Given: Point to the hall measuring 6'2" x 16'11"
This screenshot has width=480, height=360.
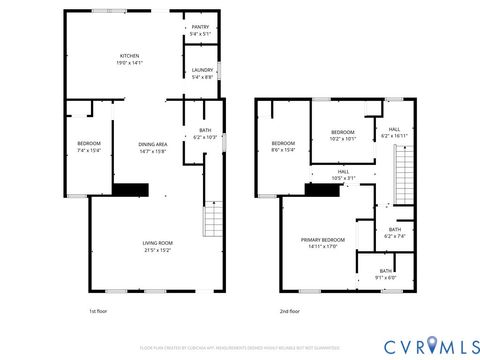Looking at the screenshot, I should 394,131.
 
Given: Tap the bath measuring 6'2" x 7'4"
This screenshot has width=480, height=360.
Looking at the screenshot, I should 395,233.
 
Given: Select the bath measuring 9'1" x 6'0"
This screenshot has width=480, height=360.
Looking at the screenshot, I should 385,274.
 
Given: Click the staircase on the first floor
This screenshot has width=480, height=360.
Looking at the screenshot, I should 212,216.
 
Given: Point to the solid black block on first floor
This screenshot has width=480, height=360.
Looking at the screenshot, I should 130,189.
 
